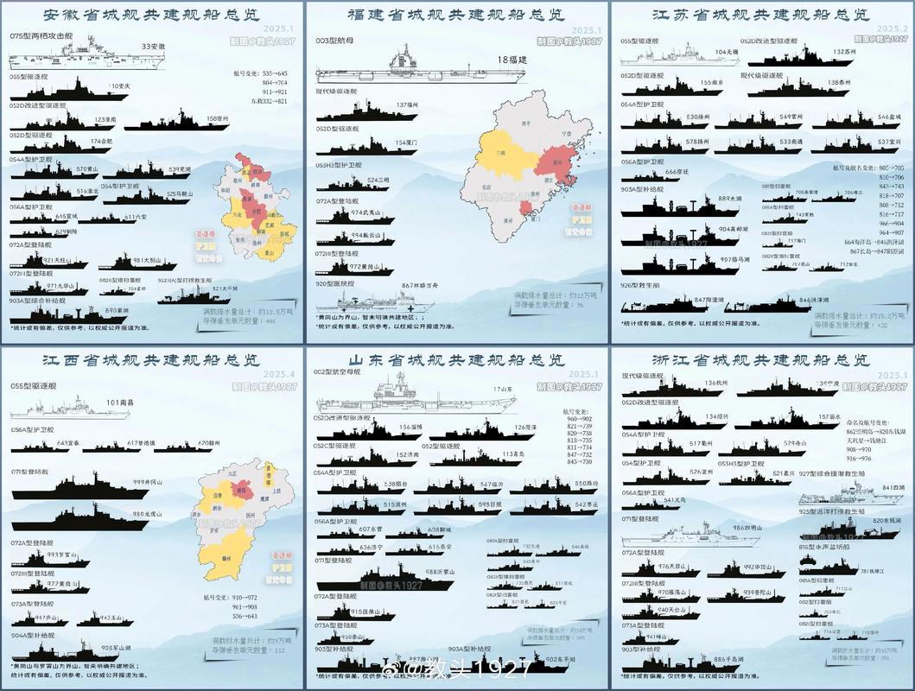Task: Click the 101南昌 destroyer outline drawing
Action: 69,408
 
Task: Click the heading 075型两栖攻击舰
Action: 41,37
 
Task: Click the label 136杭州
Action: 716,383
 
